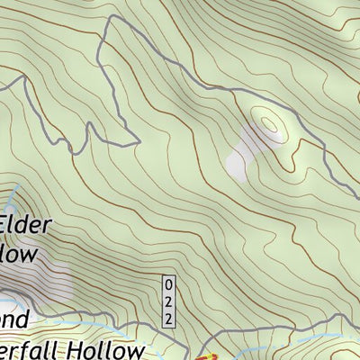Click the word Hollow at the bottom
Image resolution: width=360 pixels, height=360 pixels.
click(x=99, y=350)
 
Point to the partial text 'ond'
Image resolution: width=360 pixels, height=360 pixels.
click(x=16, y=319)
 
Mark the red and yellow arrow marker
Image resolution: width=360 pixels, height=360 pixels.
click(x=205, y=354)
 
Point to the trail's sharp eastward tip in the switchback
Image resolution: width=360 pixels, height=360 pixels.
click(x=137, y=141)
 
